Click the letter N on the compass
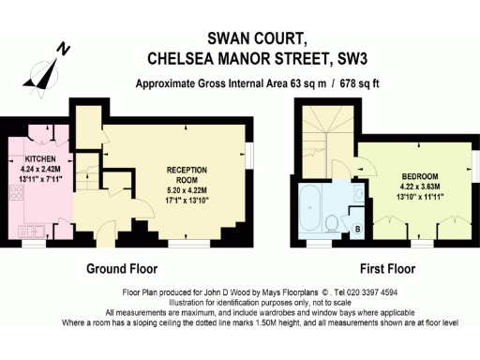(61, 48)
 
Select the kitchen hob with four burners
(14, 196)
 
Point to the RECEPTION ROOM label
(187, 174)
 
